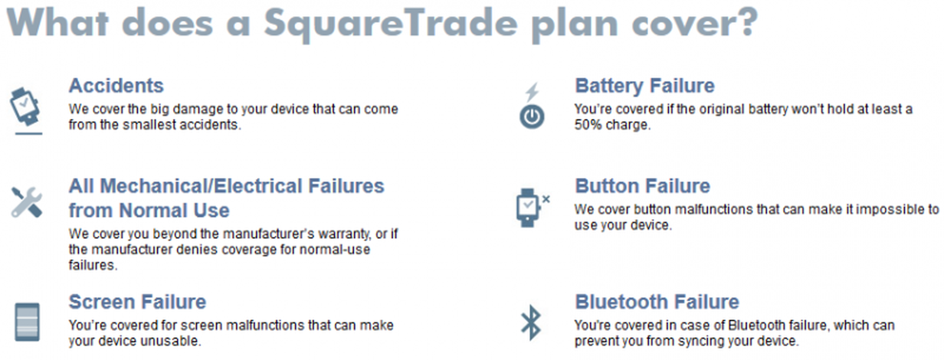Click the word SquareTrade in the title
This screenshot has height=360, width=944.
[390, 24]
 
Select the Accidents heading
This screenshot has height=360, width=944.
[116, 86]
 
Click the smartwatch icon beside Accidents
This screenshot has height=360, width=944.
[25, 107]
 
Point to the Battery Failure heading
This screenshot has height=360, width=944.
[644, 86]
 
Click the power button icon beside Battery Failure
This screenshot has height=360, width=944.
[532, 117]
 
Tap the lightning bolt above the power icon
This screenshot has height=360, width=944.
[532, 92]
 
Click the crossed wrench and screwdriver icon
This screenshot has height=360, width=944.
[27, 202]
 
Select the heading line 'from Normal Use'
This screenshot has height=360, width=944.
[149, 211]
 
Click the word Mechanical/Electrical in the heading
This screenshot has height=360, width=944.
[201, 186]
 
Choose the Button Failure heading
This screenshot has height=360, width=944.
[642, 186]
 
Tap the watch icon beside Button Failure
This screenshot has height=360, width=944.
[527, 207]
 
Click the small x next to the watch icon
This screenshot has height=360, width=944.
[546, 199]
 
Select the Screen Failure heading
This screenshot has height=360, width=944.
[137, 302]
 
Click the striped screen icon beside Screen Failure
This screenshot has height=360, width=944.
[27, 322]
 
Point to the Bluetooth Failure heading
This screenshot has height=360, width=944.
[657, 302]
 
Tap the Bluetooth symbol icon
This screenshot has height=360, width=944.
[531, 322]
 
